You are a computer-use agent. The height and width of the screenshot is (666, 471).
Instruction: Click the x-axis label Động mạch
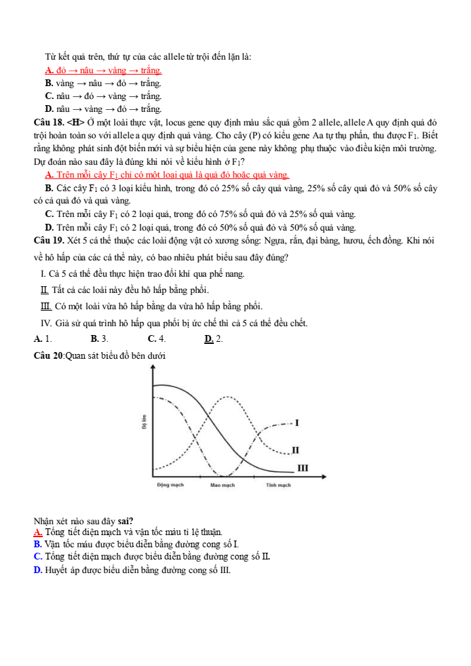point(170,486)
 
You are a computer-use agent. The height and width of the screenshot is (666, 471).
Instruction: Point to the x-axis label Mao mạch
point(222,486)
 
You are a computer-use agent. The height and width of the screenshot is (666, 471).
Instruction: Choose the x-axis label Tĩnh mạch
point(278,486)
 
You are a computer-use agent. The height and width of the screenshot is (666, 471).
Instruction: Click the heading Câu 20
point(48,355)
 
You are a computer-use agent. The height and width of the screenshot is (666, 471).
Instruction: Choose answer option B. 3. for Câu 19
point(99,338)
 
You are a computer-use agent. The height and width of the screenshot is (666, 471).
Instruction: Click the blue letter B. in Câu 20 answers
point(37,544)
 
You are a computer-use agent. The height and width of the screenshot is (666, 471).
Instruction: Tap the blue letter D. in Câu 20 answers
point(38,570)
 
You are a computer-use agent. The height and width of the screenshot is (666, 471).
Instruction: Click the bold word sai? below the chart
point(125,521)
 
